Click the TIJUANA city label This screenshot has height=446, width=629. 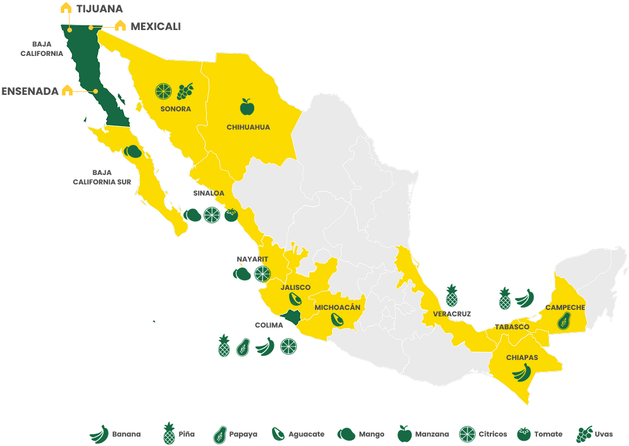tap(100, 9)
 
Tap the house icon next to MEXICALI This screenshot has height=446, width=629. tap(120, 25)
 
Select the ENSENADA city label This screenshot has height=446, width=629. tap(30, 91)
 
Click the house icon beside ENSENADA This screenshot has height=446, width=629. tap(67, 90)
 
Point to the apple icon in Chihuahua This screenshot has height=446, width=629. tap(247, 107)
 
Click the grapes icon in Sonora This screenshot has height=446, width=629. tap(185, 91)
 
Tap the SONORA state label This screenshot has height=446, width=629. tap(175, 109)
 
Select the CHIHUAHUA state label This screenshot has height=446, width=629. tap(248, 127)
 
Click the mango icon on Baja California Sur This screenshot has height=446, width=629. tap(133, 151)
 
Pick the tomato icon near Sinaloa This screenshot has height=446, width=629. tap(231, 215)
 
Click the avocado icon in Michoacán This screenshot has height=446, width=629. tap(337, 319)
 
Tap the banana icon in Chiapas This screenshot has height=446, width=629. tap(522, 372)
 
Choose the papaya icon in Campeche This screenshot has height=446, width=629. tap(564, 321)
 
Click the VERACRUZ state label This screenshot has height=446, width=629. tap(452, 314)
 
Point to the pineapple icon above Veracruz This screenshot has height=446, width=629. tap(451, 295)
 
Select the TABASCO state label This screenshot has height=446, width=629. tap(512, 327)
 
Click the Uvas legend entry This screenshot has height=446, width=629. tap(595, 434)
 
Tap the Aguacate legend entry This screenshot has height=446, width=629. tap(298, 434)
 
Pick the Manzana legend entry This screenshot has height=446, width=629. tap(423, 434)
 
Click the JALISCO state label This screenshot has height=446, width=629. tap(296, 288)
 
